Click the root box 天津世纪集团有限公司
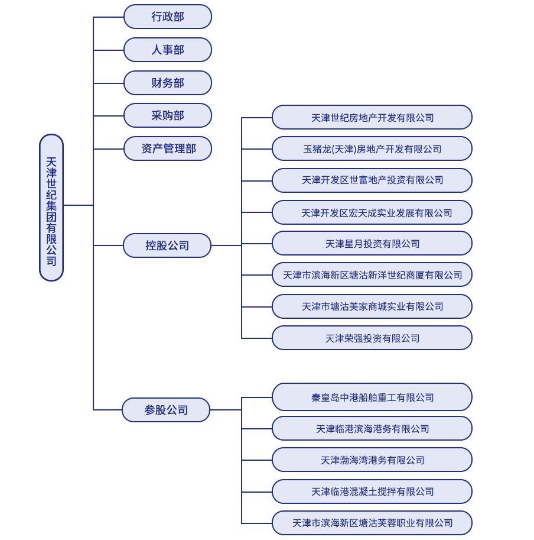coord(51,207)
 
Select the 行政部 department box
coord(167,17)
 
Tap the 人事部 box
coord(167,50)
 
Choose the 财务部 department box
coord(167,83)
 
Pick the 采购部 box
coord(167,115)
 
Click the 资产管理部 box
coord(167,148)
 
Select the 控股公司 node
coord(167,245)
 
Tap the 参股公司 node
coord(166,410)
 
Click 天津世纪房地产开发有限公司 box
coord(372,117)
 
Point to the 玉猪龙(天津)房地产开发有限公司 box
coord(372,148)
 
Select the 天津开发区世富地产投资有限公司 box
coord(372,180)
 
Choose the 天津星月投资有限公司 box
coord(372,243)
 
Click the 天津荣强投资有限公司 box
coord(372,338)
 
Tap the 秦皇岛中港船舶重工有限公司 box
coord(372,397)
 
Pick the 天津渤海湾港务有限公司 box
coord(372,460)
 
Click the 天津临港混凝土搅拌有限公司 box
coord(372,492)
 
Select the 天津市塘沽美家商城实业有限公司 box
coord(372,306)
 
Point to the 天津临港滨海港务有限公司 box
coord(372,428)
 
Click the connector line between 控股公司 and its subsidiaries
coord(226,245)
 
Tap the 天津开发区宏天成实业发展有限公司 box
coord(372,212)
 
